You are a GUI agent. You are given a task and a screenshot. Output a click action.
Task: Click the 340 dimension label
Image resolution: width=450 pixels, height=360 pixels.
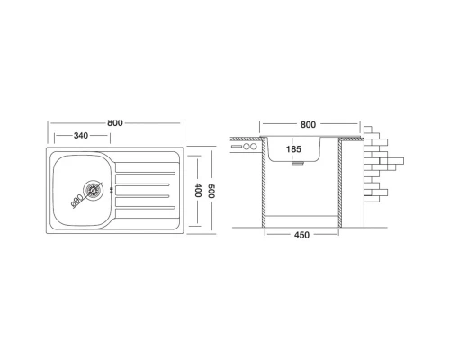pos(81,136)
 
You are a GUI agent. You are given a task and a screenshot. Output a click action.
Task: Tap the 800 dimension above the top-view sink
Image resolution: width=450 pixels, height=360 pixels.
pos(115,123)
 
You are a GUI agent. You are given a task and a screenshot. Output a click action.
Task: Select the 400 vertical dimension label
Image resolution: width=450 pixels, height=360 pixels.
pos(197,190)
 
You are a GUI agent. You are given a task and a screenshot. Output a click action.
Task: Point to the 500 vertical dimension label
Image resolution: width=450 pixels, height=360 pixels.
pos(211,191)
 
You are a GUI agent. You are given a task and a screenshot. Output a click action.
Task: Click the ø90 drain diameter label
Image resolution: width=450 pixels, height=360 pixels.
pos(77,201)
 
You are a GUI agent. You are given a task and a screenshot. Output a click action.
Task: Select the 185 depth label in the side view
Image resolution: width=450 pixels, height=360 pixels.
pos(293,149)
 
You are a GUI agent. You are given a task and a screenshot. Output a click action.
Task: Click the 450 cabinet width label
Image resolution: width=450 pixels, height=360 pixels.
pos(301,235)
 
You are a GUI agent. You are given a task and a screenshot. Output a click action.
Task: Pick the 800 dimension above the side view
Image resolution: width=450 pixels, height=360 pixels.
pos(308,124)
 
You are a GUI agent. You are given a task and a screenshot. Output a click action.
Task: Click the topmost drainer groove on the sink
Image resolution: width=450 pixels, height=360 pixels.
pos(146,173)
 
